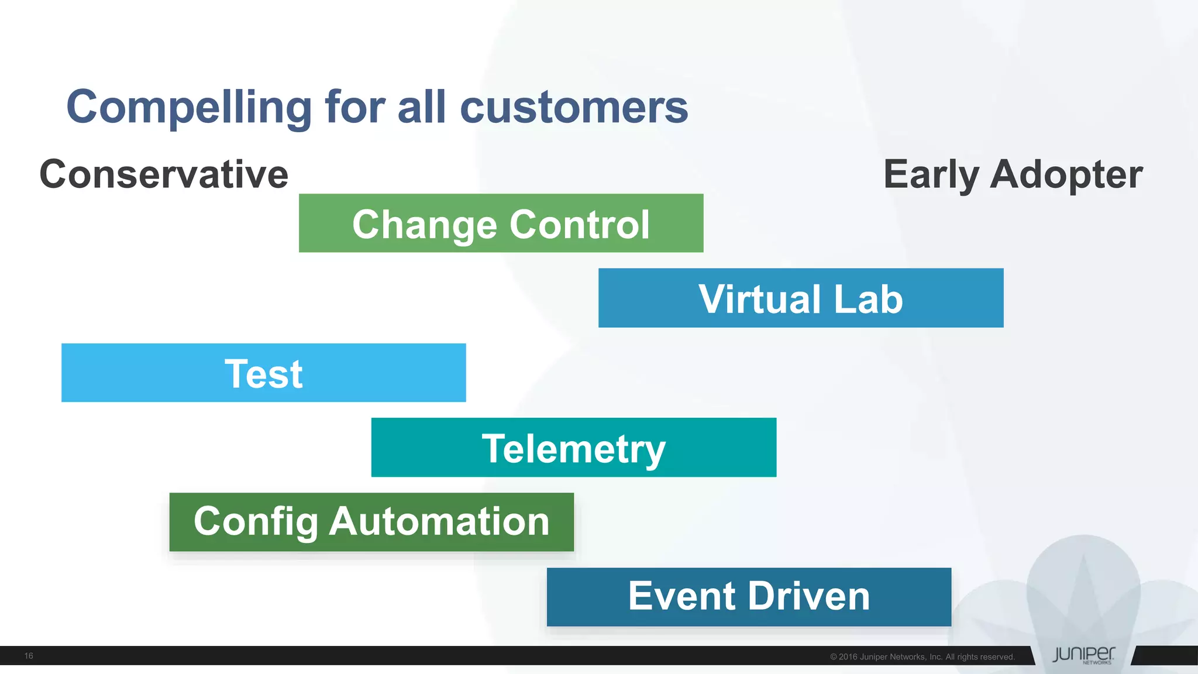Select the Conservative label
pos(164,174)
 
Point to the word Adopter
pos(1066,174)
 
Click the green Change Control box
pos(501,223)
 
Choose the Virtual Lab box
pos(801,298)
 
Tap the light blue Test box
pos(263,373)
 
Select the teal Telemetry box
pos(573,448)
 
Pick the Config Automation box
pos(371,522)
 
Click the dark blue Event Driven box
pos(749,597)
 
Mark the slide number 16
pos(29,656)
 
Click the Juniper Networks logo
pos(1083,655)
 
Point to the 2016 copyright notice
pos(922,657)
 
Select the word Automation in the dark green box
pos(439,521)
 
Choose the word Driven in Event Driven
pos(809,596)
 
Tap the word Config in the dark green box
pos(255,522)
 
